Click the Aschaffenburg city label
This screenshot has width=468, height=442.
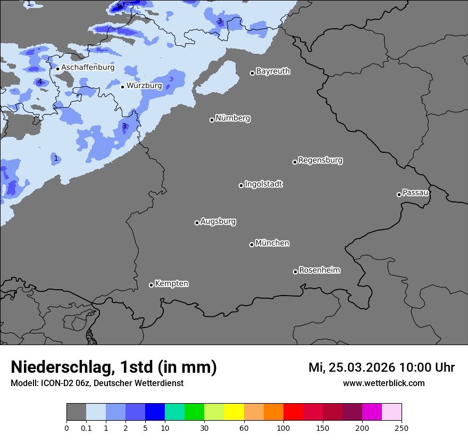[x=88, y=68]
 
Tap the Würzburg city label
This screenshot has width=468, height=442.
[x=144, y=86]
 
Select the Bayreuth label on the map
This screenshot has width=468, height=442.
[x=273, y=71]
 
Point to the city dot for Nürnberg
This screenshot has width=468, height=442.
[x=212, y=120]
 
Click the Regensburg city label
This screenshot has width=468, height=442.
[x=320, y=160]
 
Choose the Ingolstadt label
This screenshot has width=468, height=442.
[x=264, y=184]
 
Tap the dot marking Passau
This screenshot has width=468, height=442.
[x=399, y=194]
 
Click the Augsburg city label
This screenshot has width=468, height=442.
[x=218, y=222]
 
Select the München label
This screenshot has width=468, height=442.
[x=272, y=243]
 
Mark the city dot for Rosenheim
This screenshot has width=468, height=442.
[x=295, y=272]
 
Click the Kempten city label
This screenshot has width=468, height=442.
[x=171, y=284]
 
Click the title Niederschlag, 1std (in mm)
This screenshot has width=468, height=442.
[x=114, y=367]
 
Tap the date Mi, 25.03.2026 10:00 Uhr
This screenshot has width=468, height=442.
[x=381, y=367]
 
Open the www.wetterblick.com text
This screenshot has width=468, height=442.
[x=383, y=383]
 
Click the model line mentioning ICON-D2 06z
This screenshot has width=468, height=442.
[x=97, y=383]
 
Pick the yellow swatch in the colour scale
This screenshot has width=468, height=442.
[x=233, y=412]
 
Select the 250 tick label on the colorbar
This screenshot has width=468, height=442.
[x=402, y=428]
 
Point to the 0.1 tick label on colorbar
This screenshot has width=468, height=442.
[x=86, y=428]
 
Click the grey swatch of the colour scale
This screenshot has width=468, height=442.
[x=76, y=412]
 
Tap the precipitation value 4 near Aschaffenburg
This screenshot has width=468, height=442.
[x=39, y=81]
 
